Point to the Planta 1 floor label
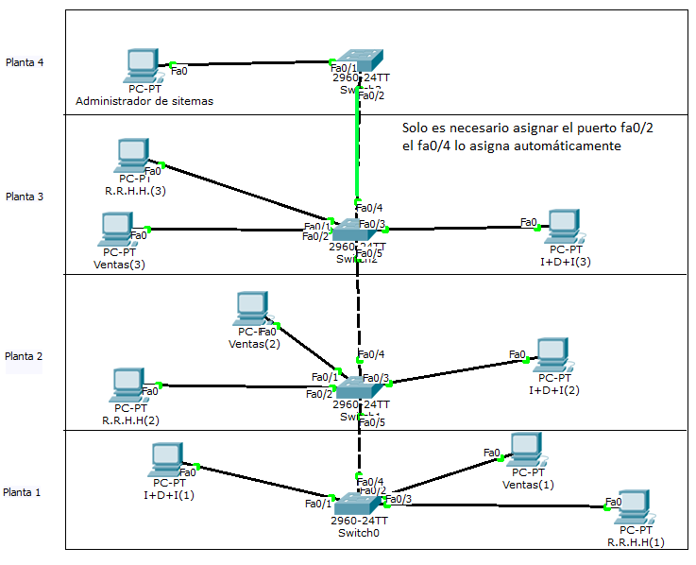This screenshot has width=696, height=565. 24,492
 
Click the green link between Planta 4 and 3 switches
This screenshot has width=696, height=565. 357,151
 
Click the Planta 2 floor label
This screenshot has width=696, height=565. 25,356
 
